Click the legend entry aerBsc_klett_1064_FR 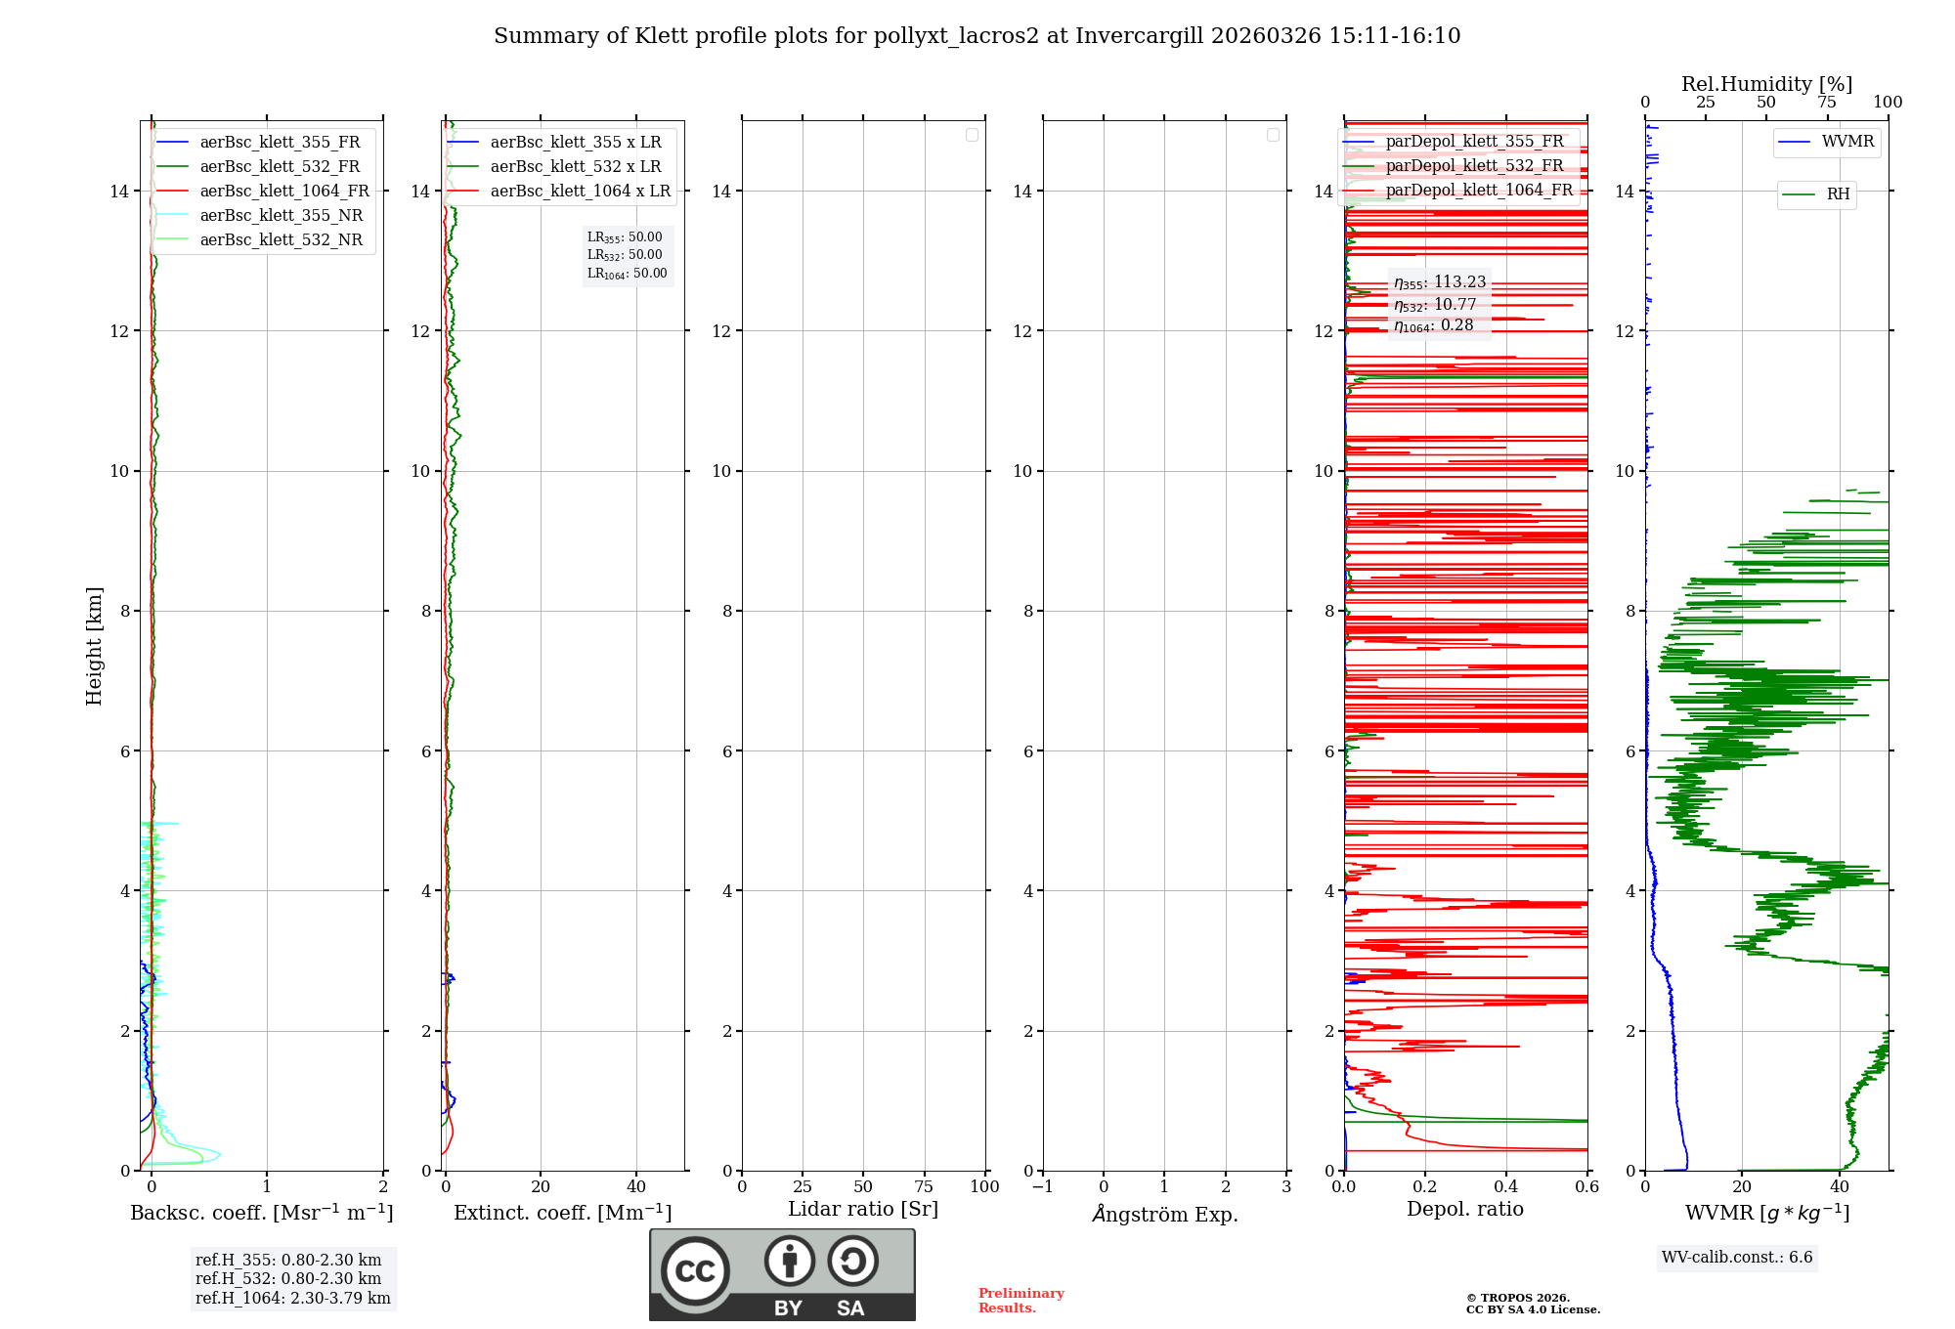tap(284, 192)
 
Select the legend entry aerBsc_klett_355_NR tap(281, 216)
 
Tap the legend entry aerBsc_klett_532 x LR tap(575, 167)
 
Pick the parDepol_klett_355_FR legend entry tap(1474, 142)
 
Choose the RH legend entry tap(1838, 194)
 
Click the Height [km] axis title tap(94, 646)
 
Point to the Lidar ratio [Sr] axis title tap(863, 1210)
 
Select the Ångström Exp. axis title tap(1165, 1215)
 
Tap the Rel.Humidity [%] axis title tap(1766, 84)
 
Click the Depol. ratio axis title tap(1464, 1210)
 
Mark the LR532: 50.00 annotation tap(625, 255)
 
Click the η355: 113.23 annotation tap(1440, 282)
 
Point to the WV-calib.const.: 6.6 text tap(1737, 1258)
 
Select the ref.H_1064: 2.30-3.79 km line tap(292, 1299)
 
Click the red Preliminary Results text tap(1021, 1301)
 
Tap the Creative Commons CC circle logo tap(695, 1271)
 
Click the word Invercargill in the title tap(1139, 36)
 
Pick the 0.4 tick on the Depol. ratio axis tap(1506, 1187)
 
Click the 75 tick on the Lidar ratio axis tap(924, 1187)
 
